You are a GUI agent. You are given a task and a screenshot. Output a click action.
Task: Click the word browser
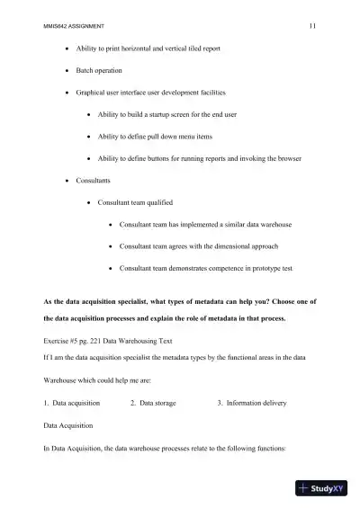(x=287, y=158)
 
